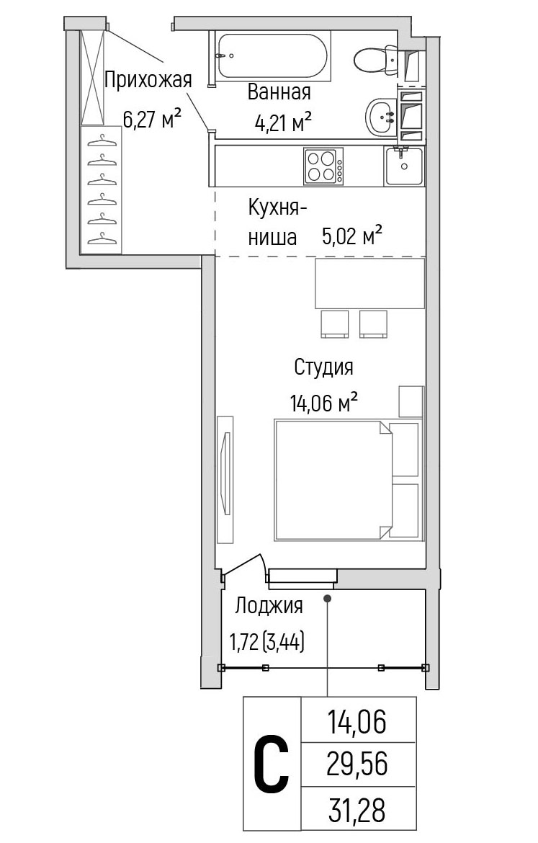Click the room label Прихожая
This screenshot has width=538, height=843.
(148, 80)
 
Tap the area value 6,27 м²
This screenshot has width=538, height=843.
(151, 118)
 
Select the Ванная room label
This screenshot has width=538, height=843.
(279, 92)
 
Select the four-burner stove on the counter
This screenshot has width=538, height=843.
(323, 166)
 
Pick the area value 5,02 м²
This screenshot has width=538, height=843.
(351, 236)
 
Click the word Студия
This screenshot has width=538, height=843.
(323, 367)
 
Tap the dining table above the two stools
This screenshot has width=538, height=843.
(369, 284)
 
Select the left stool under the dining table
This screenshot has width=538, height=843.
(334, 324)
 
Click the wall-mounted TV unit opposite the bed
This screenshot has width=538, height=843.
(226, 479)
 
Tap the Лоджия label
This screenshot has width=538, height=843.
(268, 606)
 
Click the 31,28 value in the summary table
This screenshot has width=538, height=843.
(357, 809)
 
